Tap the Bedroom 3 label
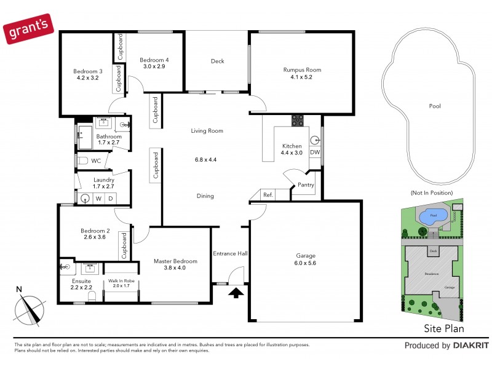[x=87, y=71]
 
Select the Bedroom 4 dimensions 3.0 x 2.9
[x=154, y=66]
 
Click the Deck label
[x=217, y=61]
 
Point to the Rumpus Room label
[x=302, y=70]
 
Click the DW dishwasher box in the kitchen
[x=315, y=153]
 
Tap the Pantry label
[x=306, y=184]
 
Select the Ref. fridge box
[x=268, y=194]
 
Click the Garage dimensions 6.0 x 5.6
[x=303, y=263]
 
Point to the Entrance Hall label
[x=230, y=253]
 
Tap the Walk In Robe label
[x=121, y=280]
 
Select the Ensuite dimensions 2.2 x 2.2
[x=81, y=287]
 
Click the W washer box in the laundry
[x=98, y=198]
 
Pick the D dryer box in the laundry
[x=110, y=198]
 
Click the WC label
[x=96, y=161]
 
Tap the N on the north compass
[x=19, y=290]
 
